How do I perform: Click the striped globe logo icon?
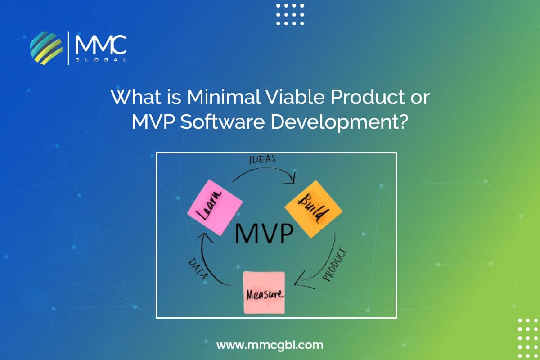point(46,48)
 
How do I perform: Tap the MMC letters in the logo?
point(101,45)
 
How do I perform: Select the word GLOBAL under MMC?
point(101,60)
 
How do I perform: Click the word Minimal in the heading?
point(224,97)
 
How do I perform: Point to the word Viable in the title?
point(295,97)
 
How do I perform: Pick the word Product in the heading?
point(368,97)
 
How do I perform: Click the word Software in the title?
point(223,122)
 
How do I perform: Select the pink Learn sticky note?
point(215,207)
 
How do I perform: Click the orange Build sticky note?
point(314,209)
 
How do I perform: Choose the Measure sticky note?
point(264,292)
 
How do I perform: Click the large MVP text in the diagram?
point(264,234)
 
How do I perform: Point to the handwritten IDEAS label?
point(262,159)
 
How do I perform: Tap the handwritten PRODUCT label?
point(335,264)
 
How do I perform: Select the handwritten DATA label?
point(198,269)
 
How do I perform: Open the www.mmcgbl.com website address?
point(270,345)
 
